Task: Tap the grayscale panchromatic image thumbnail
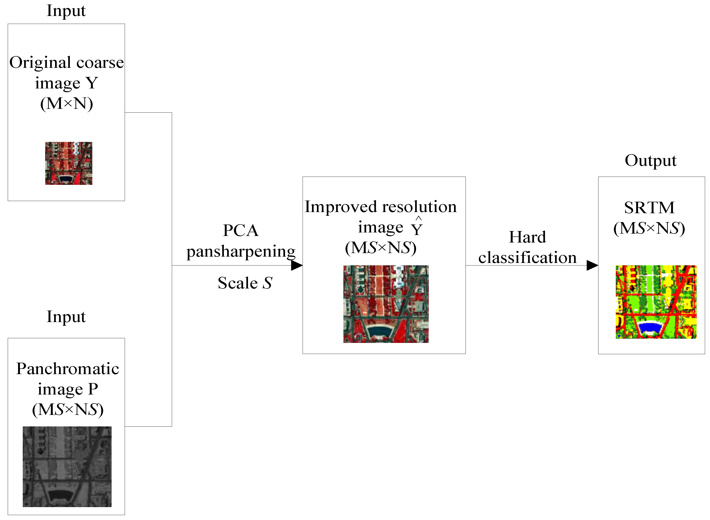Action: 67,467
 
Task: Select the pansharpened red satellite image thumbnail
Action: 386,304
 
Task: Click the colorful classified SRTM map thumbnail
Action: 656,302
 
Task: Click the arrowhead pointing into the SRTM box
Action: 592,265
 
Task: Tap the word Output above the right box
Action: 650,160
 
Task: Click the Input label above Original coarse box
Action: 66,11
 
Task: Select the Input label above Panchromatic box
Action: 66,317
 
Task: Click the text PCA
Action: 241,230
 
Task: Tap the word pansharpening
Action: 241,251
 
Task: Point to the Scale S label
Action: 245,283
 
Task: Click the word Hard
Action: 527,237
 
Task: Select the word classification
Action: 527,258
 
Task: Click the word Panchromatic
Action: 68,368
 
